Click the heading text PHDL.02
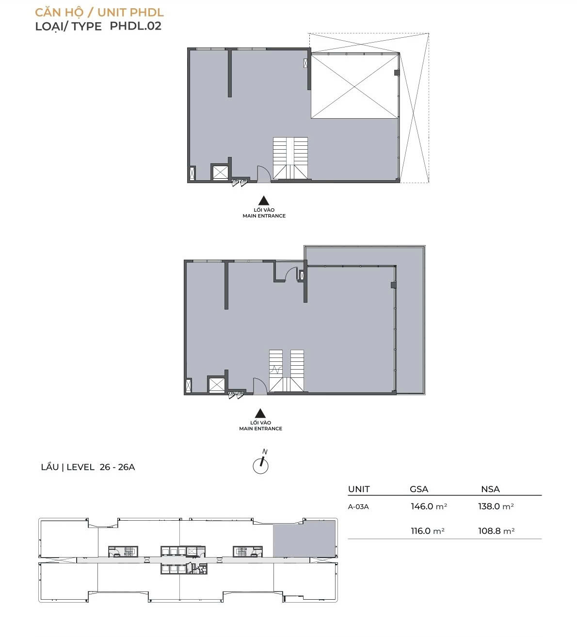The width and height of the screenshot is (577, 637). (x=135, y=26)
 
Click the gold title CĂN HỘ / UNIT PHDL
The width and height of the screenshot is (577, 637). (x=99, y=13)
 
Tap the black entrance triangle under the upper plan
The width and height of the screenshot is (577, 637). (x=264, y=201)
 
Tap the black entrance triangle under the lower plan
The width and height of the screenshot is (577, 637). (x=260, y=413)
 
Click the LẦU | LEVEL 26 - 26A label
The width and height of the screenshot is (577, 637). (x=88, y=467)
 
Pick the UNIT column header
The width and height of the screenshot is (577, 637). (x=359, y=489)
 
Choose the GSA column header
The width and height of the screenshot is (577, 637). (x=418, y=489)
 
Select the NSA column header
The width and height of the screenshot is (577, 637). (x=490, y=489)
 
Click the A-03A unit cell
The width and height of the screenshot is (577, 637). (x=358, y=507)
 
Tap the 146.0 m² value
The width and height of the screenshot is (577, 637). (x=429, y=507)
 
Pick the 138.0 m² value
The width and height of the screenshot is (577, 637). (x=496, y=507)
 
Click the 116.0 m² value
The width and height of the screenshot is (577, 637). (x=428, y=531)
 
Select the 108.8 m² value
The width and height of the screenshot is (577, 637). (x=496, y=531)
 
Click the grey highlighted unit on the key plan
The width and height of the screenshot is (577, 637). (x=304, y=539)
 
